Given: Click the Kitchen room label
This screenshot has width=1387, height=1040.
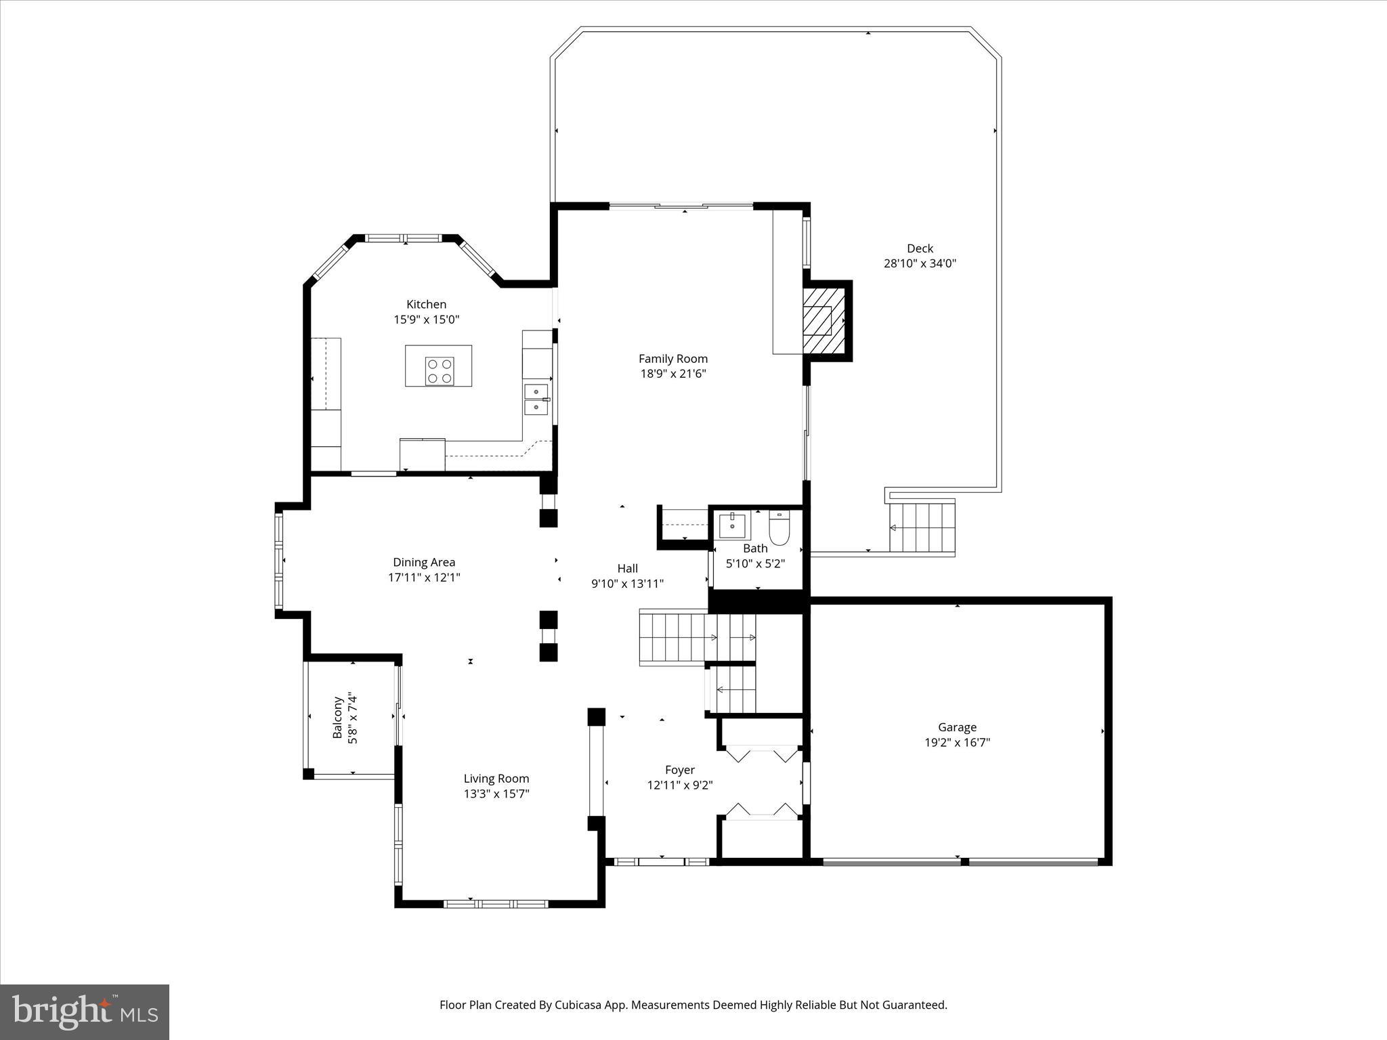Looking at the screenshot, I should [x=426, y=305].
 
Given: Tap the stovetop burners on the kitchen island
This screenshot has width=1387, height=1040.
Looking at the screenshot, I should [x=440, y=372].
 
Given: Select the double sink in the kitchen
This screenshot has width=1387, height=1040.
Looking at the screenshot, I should [x=536, y=399].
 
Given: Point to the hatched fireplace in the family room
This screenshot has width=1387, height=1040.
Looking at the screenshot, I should [x=824, y=321].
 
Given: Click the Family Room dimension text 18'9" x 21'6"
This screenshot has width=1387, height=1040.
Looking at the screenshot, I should [x=673, y=374].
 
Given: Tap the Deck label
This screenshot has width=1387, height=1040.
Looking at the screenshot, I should [x=920, y=248].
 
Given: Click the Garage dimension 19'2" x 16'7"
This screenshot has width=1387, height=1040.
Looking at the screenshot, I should [x=957, y=743].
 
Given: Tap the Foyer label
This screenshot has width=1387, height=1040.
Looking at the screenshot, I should [x=679, y=771].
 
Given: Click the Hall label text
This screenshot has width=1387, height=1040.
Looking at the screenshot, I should [x=627, y=569].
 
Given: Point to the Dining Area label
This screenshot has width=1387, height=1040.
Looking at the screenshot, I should [x=424, y=563].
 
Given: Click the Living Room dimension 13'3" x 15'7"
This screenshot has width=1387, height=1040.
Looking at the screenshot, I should [x=496, y=794].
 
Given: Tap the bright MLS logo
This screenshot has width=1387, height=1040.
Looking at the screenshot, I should [x=85, y=1012].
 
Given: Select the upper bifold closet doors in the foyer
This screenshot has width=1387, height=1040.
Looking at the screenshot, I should [x=761, y=754].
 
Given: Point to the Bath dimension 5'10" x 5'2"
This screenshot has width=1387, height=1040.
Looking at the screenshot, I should [x=755, y=563].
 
